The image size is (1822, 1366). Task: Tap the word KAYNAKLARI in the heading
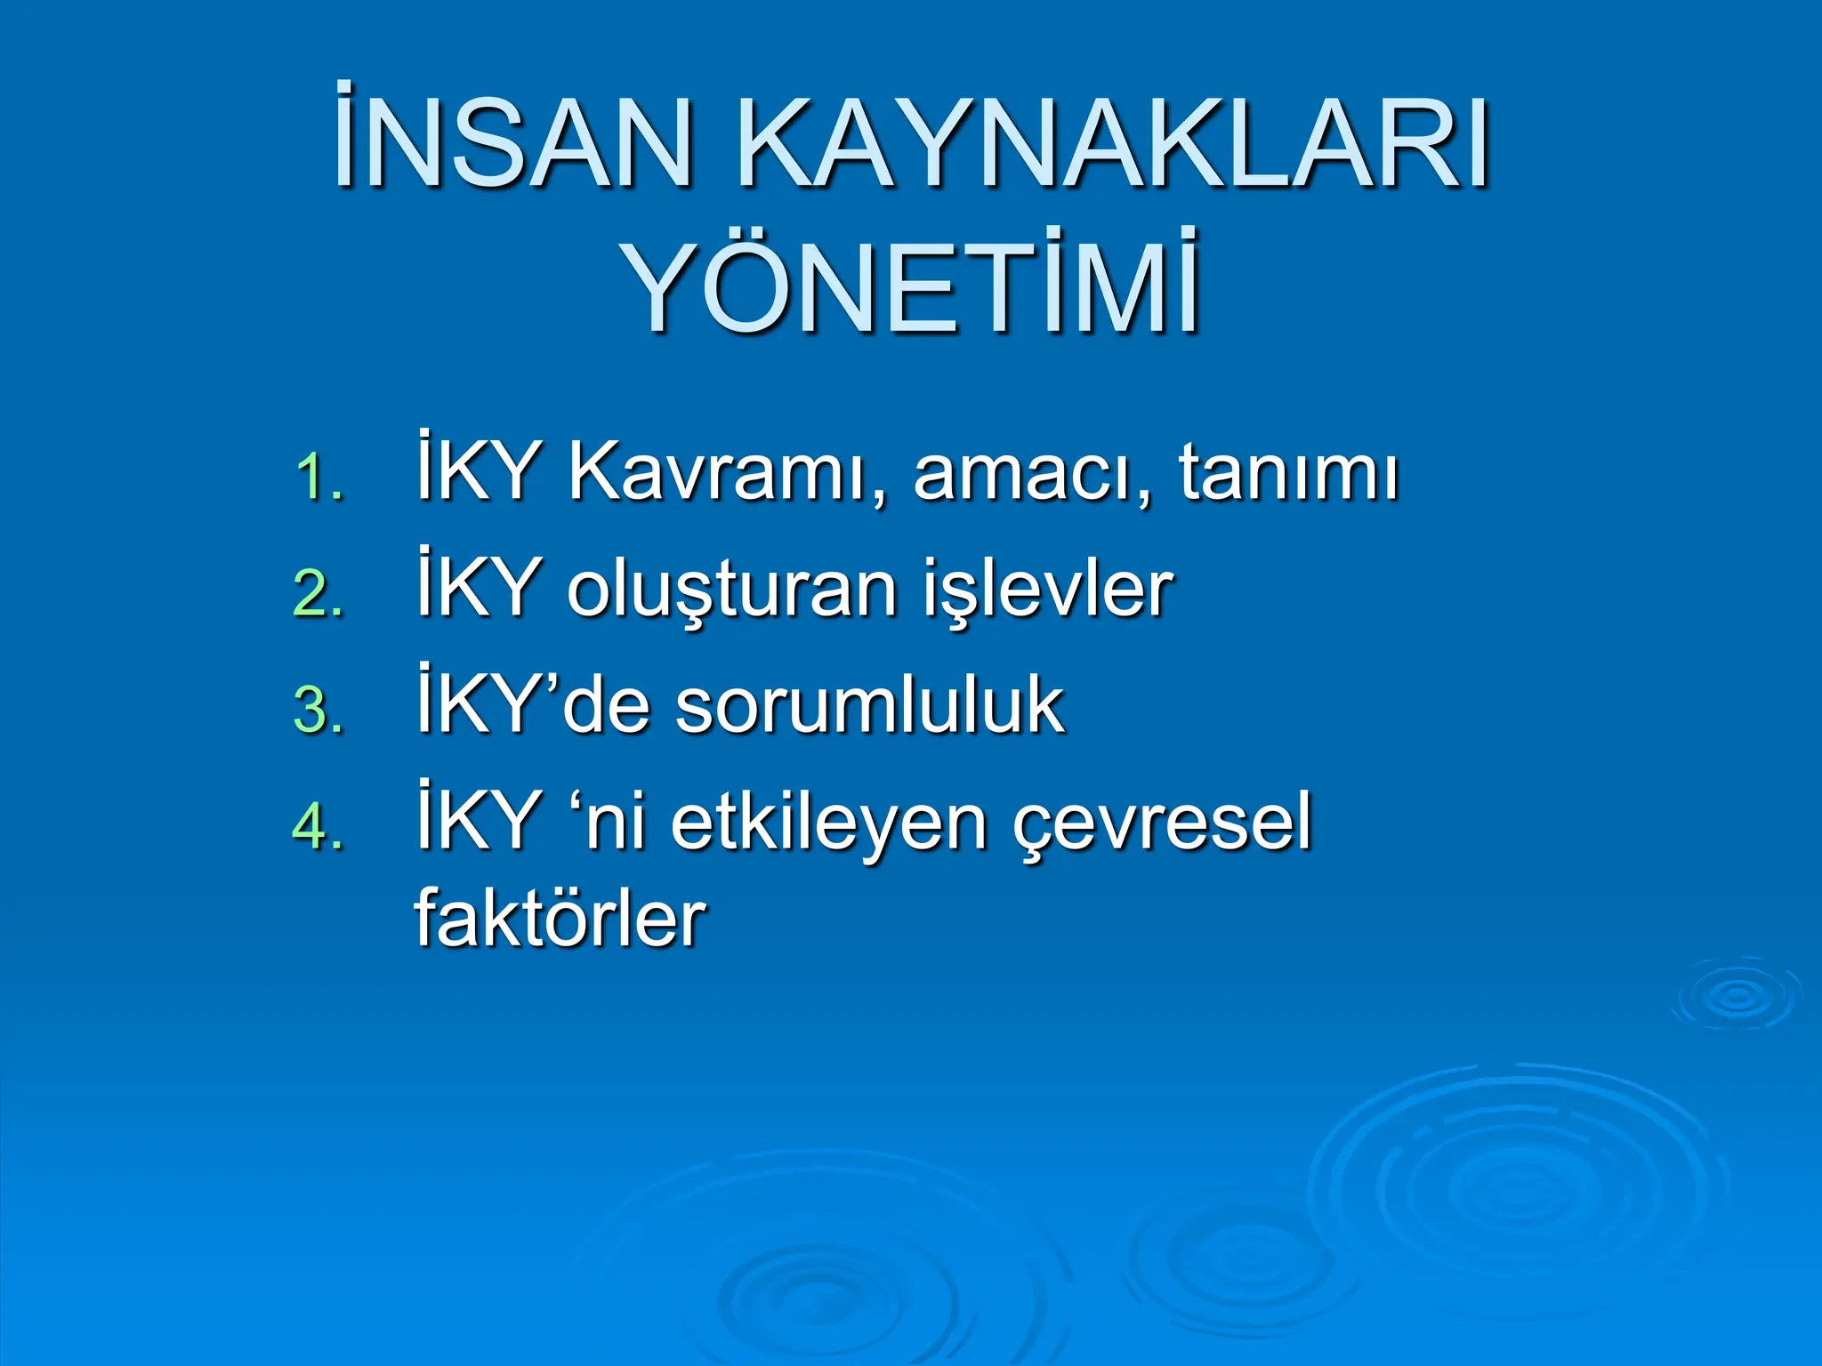click(1114, 141)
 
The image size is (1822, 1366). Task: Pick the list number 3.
click(318, 711)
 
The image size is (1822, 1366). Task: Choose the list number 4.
click(318, 827)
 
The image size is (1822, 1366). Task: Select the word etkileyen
click(828, 823)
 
